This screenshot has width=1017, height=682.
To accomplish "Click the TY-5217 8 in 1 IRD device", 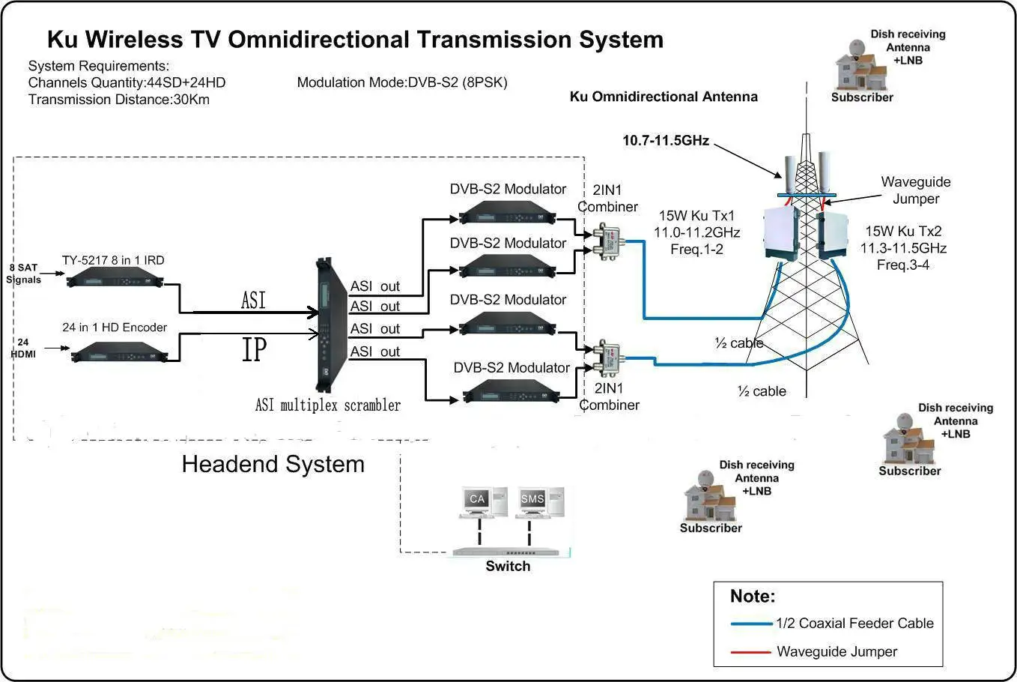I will [x=115, y=278].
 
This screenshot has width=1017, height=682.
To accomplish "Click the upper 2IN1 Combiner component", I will [x=607, y=242].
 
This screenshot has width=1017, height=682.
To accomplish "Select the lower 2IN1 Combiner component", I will [x=607, y=357].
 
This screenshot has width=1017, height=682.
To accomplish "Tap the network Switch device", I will [x=510, y=552].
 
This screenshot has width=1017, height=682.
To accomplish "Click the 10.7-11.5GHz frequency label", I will [x=666, y=140].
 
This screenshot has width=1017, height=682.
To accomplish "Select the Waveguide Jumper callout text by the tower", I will [x=915, y=190].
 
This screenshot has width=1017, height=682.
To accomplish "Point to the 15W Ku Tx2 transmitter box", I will [x=833, y=235].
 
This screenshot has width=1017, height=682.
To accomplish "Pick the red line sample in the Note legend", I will [x=750, y=652].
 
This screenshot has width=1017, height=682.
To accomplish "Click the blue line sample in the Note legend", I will [x=751, y=624].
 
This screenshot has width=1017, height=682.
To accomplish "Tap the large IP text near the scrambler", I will [x=255, y=349].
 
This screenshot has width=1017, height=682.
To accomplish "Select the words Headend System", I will [x=273, y=464].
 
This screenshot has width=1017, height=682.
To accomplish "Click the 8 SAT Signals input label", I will [x=23, y=274].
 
